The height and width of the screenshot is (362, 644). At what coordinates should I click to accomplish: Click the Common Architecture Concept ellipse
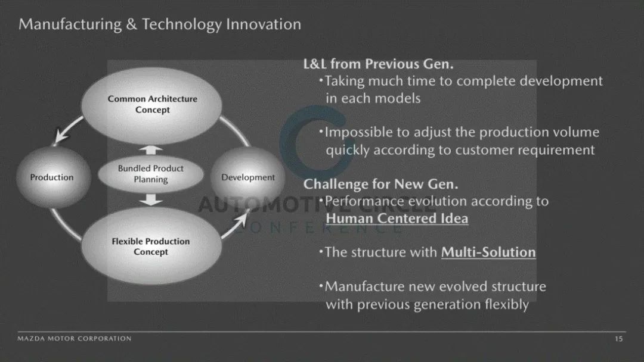[x=151, y=105]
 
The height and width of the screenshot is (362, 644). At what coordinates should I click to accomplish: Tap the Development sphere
[x=247, y=177]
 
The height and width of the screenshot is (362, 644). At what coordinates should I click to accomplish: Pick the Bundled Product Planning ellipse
[x=151, y=174]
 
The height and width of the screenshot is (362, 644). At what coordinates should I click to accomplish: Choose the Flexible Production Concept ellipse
[x=151, y=246]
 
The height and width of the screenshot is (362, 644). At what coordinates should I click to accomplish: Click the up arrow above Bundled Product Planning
[x=151, y=150]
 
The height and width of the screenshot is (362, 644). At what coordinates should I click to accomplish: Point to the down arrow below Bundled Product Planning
[x=151, y=199]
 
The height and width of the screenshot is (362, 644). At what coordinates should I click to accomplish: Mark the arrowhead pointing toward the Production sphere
[x=61, y=136]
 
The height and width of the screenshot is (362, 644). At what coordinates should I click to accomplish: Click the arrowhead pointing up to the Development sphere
[x=241, y=218]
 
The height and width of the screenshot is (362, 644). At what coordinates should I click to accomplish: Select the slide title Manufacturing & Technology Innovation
[x=160, y=24]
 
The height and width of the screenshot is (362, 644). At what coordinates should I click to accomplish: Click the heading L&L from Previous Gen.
[x=378, y=64]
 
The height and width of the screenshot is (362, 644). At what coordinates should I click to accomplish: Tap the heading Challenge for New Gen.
[x=380, y=184]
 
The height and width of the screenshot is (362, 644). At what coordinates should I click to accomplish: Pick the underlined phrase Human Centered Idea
[x=397, y=218]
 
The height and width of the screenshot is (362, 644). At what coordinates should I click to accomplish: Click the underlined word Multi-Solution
[x=488, y=252]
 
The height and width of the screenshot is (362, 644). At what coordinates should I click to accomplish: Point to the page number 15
[x=619, y=339]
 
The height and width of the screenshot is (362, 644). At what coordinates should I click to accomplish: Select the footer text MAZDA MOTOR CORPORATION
[x=75, y=339]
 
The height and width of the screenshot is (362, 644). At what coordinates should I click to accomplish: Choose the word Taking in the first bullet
[x=345, y=82]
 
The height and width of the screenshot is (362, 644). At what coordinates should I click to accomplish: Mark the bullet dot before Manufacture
[x=321, y=285]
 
